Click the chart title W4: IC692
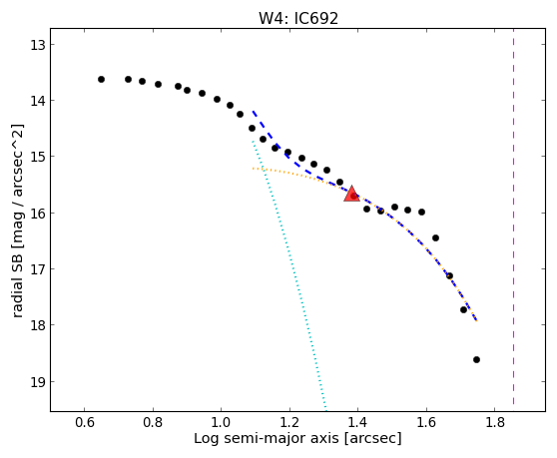pyautogui.click(x=298, y=18)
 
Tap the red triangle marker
pyautogui.click(x=351, y=194)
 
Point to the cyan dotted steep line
pyautogui.click(x=288, y=273)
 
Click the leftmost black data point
pyautogui.click(x=101, y=79)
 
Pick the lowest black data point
pyautogui.click(x=477, y=359)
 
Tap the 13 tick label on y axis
pyautogui.click(x=37, y=45)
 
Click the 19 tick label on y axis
pyautogui.click(x=37, y=382)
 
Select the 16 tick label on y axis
pyautogui.click(x=37, y=214)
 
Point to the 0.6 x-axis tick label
pyautogui.click(x=84, y=422)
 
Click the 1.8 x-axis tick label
pyautogui.click(x=495, y=422)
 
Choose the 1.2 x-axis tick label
pyautogui.click(x=289, y=422)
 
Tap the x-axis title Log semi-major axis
pyautogui.click(x=297, y=438)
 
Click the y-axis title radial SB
pyautogui.click(x=17, y=221)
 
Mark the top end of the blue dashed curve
pyautogui.click(x=253, y=111)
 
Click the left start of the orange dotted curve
pyautogui.click(x=253, y=168)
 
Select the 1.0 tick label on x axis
pyautogui.click(x=221, y=422)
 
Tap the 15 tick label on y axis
pyautogui.click(x=37, y=157)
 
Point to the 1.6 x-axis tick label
pyautogui.click(x=426, y=422)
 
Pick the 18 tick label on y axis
pyautogui.click(x=37, y=325)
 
